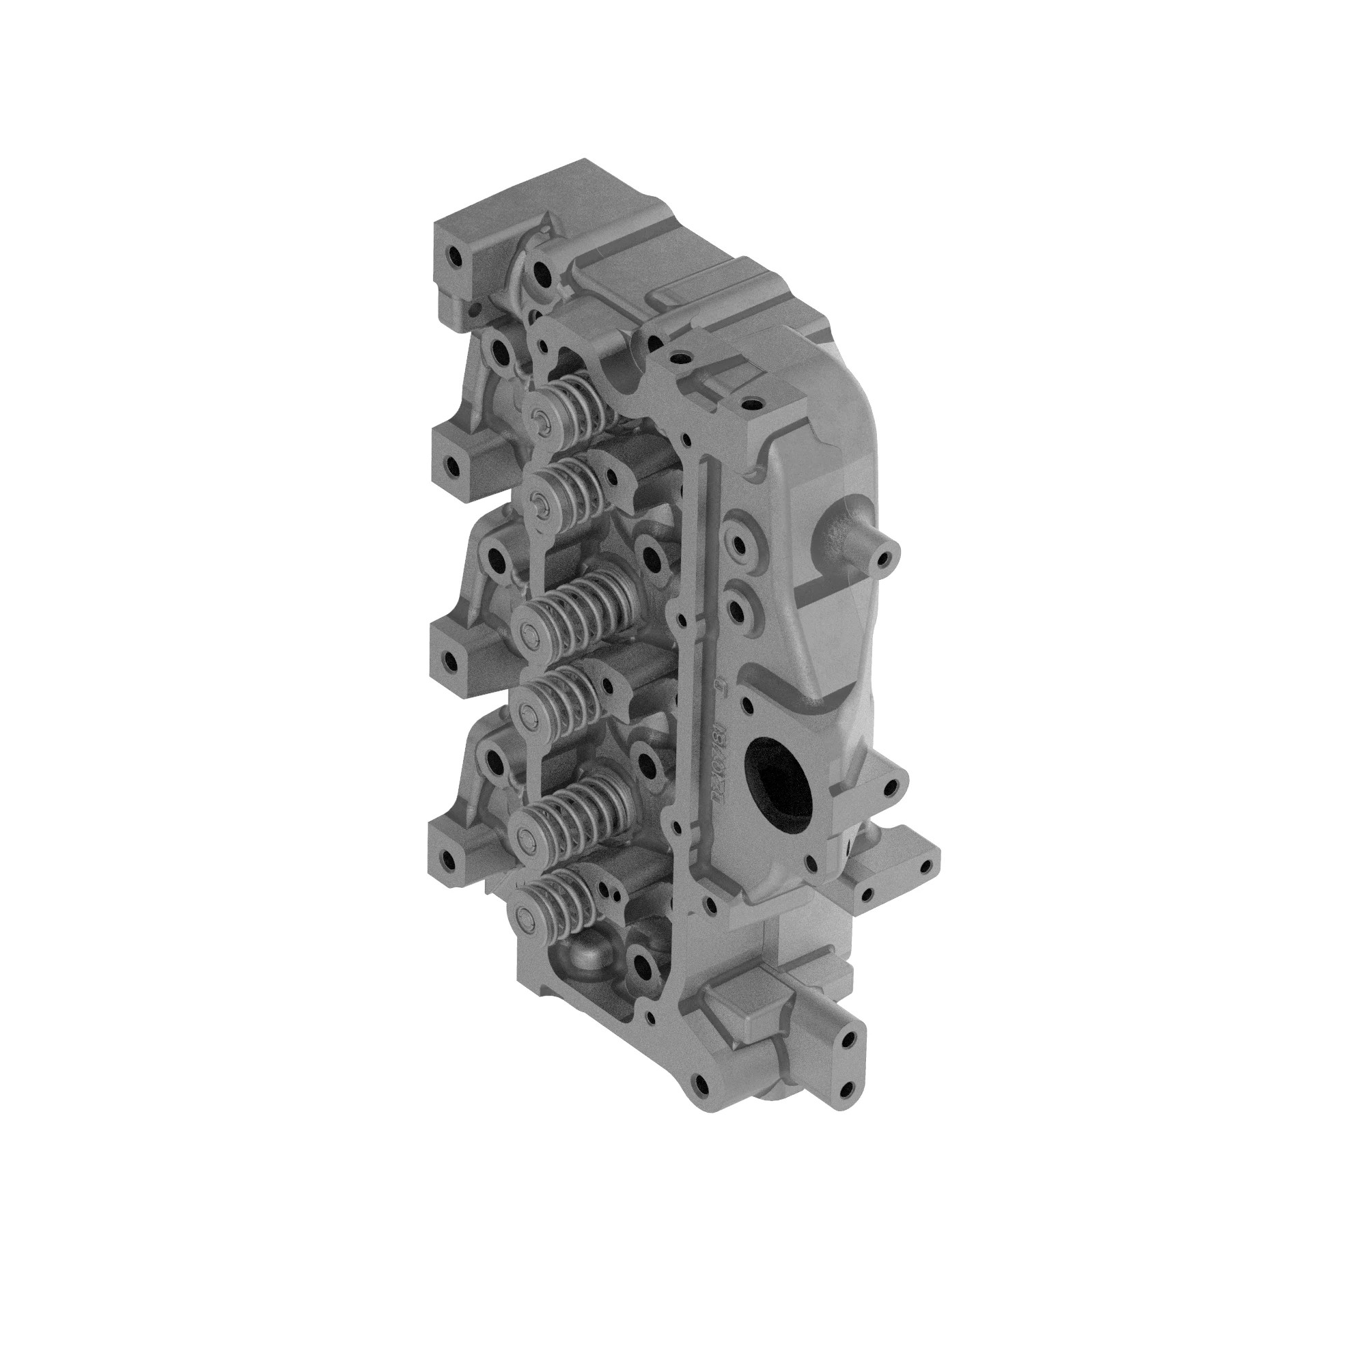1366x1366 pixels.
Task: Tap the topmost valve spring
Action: pyautogui.click(x=573, y=404)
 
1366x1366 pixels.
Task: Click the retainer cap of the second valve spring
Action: pyautogui.click(x=540, y=503)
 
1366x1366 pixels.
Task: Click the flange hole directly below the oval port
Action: pyautogui.click(x=809, y=863)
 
